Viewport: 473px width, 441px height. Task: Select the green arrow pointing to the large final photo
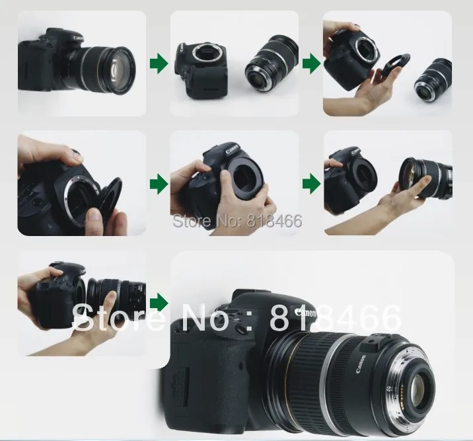click(x=159, y=302)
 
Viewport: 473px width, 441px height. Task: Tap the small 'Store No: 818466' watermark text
click(x=236, y=221)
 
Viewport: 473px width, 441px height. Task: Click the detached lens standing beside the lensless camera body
click(x=271, y=67)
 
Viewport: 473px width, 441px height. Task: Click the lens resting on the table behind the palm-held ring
click(x=435, y=80)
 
